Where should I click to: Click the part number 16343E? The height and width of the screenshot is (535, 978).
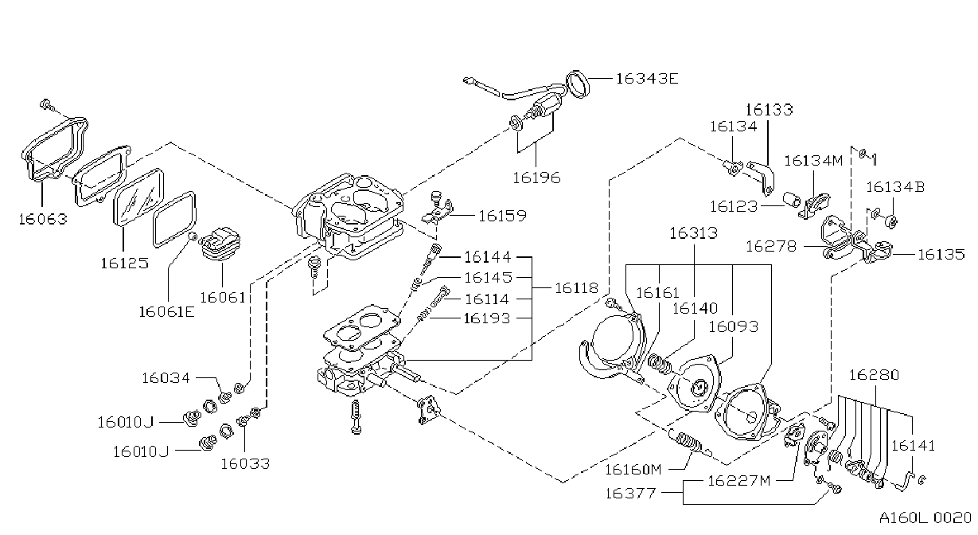tap(647, 79)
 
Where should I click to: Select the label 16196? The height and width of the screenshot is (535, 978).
tap(536, 178)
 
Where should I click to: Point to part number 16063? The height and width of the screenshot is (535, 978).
tap(43, 219)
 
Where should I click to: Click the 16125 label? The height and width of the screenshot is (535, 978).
tap(124, 264)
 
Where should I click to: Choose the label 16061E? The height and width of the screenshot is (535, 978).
tap(166, 312)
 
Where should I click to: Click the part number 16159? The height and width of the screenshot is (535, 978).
tap(503, 216)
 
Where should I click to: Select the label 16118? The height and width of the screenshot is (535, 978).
tap(576, 288)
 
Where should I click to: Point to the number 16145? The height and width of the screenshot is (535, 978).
tap(488, 277)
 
